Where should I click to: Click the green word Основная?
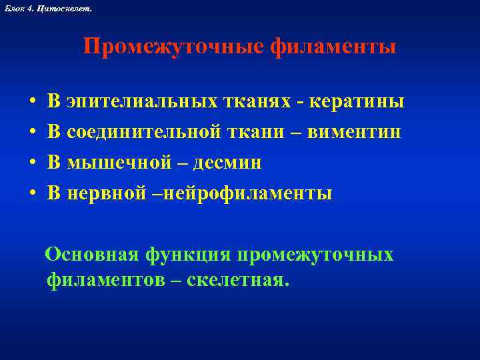click(x=91, y=255)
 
